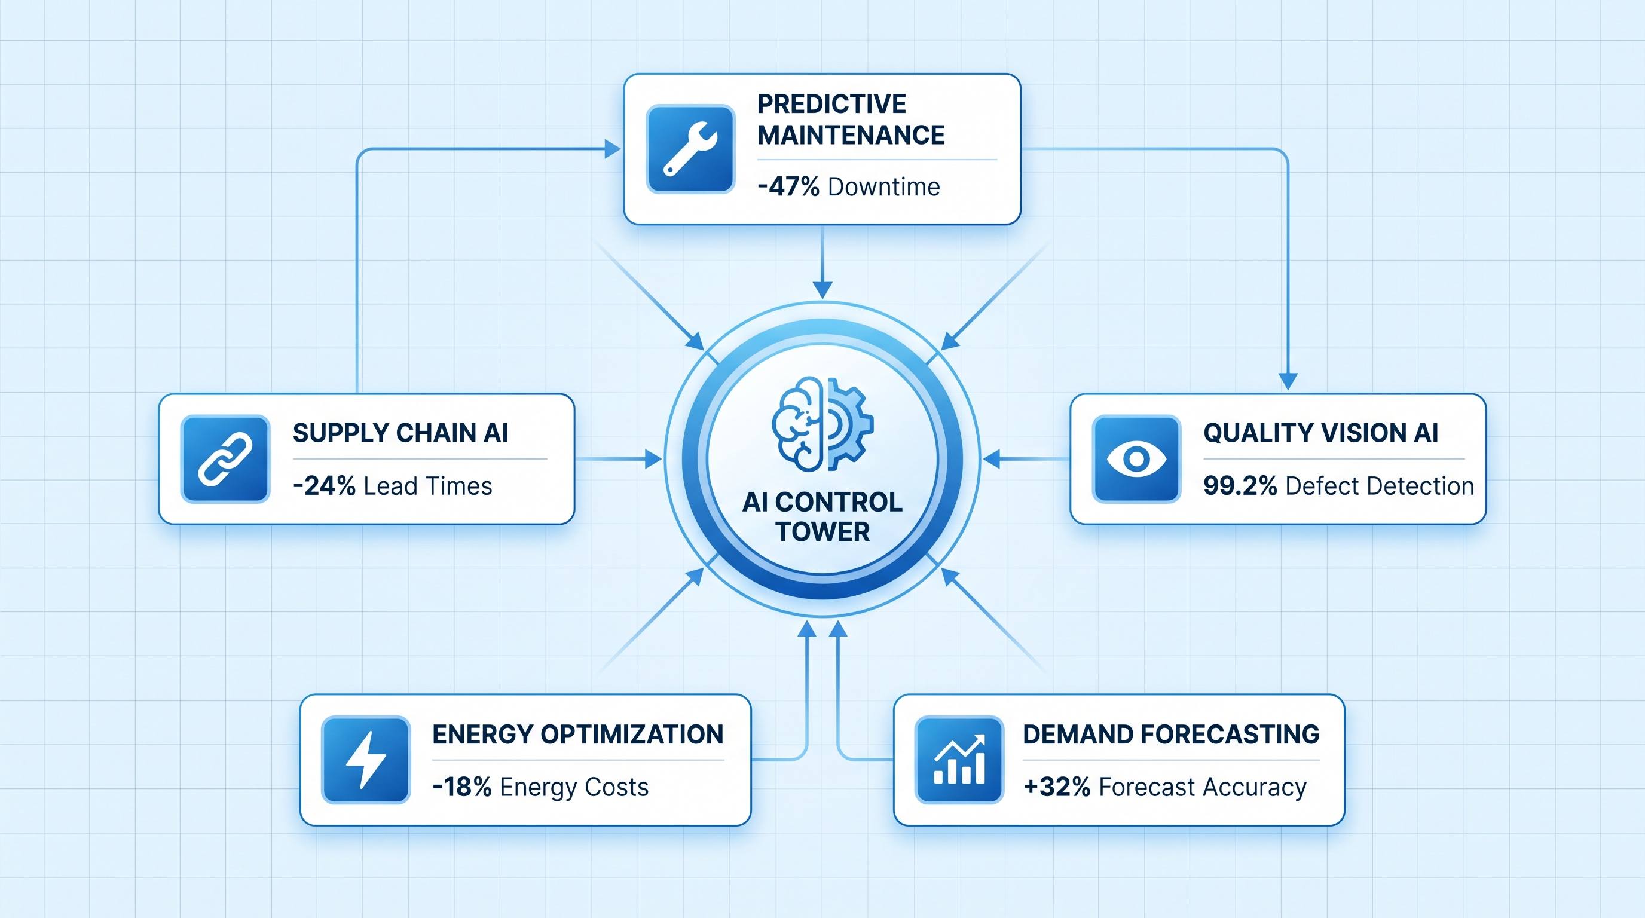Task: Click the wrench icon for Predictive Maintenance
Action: [x=690, y=149]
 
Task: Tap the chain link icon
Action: [x=225, y=459]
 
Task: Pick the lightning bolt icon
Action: [x=365, y=760]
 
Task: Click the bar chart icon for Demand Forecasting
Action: [x=959, y=760]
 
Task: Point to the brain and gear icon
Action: [x=822, y=424]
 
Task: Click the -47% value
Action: [x=788, y=187]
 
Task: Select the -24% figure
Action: [x=324, y=486]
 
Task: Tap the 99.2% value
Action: [x=1240, y=486]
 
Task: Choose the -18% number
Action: [x=461, y=787]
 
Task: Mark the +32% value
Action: [x=1057, y=787]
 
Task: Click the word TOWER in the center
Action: [x=822, y=532]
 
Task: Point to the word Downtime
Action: [x=884, y=187]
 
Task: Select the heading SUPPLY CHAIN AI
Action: [x=400, y=433]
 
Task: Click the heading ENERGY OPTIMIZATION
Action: [x=578, y=734]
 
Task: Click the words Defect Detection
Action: [x=1380, y=486]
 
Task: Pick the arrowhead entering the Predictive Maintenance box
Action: [x=613, y=149]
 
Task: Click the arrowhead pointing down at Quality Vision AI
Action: [x=1288, y=381]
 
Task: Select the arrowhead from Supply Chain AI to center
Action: [x=653, y=459]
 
